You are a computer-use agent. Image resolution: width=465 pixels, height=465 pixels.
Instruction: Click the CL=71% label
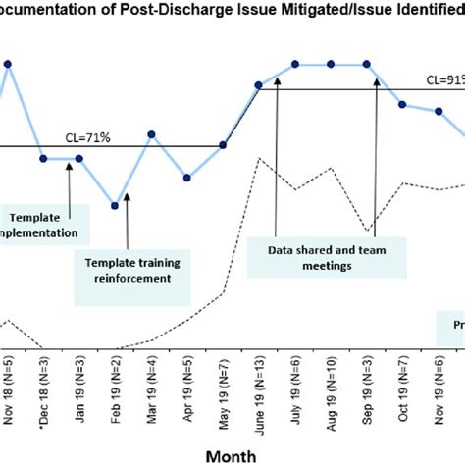[x=89, y=137]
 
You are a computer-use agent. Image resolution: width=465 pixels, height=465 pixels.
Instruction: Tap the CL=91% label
[x=444, y=79]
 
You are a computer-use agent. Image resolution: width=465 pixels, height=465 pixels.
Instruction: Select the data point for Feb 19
[x=116, y=205]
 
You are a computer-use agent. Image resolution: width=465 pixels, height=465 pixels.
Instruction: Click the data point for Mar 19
[x=151, y=134]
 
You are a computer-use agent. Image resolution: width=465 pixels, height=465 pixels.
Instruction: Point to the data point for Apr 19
[x=187, y=178]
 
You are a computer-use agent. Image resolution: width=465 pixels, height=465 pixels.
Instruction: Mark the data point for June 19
[x=259, y=86]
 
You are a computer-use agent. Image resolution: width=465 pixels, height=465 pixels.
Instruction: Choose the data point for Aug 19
[x=332, y=65]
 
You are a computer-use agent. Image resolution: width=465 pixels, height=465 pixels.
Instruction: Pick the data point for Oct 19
[x=403, y=104]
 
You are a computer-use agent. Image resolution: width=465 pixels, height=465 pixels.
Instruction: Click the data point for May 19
[x=224, y=146]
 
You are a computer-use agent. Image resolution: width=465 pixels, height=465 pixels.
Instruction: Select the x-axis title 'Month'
[x=231, y=454]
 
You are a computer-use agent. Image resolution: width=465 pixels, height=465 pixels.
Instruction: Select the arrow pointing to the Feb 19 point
[x=128, y=221]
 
